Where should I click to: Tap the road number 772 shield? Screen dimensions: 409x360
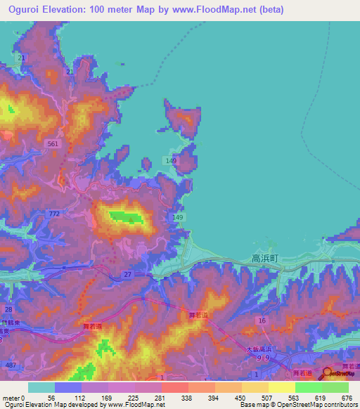pyautogui.click(x=54, y=212)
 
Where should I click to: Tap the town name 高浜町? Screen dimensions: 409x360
pyautogui.click(x=265, y=259)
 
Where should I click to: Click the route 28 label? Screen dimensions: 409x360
pyautogui.click(x=8, y=309)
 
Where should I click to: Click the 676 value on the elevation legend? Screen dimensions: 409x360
pyautogui.click(x=347, y=397)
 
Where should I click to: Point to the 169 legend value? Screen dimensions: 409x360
pyautogui.click(x=106, y=397)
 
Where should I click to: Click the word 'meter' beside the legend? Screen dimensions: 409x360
pyautogui.click(x=11, y=397)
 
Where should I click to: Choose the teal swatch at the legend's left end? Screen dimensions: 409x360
pyautogui.click(x=41, y=387)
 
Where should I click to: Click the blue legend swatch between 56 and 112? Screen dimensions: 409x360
pyautogui.click(x=68, y=387)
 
